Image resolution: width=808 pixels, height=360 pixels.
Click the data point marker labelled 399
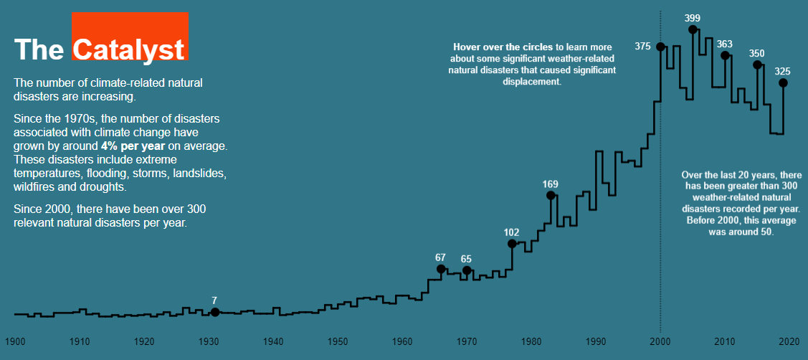pyautogui.click(x=693, y=29)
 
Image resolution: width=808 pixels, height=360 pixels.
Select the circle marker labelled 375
pyautogui.click(x=660, y=47)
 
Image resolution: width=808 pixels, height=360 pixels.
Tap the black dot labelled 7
pyautogui.click(x=215, y=312)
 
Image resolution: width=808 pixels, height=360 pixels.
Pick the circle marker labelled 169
pyautogui.click(x=551, y=195)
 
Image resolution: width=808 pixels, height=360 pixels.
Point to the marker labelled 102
pyautogui.click(x=512, y=244)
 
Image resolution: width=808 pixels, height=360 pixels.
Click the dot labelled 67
pyautogui.click(x=441, y=269)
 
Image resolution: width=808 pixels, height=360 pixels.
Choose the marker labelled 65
pyautogui.click(x=467, y=270)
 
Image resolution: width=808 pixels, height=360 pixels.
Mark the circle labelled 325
pyautogui.click(x=783, y=82)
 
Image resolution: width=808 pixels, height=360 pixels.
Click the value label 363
pyautogui.click(x=725, y=44)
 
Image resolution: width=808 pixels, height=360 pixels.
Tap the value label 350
pyautogui.click(x=757, y=53)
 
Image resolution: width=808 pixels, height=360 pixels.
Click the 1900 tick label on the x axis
pyautogui.click(x=15, y=341)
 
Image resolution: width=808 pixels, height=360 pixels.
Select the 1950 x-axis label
pyautogui.click(x=338, y=341)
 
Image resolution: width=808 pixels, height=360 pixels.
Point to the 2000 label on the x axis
pyautogui.click(x=660, y=341)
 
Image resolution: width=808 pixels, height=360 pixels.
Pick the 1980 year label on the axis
pyautogui.click(x=531, y=341)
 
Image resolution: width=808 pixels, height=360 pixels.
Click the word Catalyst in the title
pyautogui.click(x=129, y=49)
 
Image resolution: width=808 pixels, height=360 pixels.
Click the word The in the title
pyautogui.click(x=39, y=49)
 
